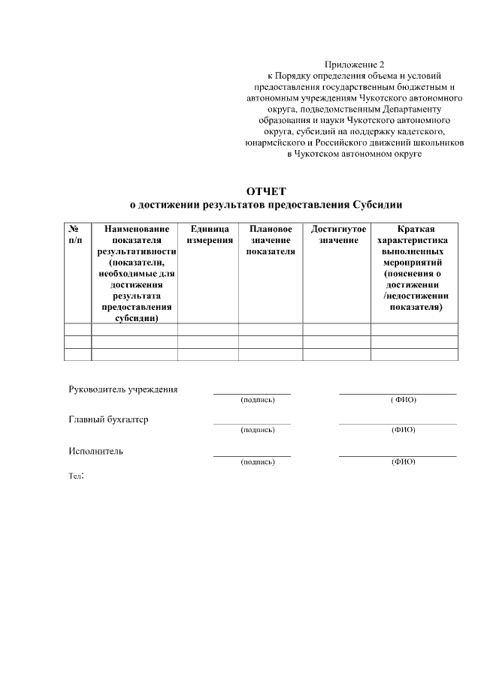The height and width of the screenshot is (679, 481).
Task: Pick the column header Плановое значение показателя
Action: tap(270, 239)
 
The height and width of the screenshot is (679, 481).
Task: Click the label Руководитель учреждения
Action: tap(123, 389)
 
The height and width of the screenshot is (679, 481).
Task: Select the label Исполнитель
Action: tap(95, 451)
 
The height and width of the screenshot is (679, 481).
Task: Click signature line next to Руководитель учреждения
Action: tap(252, 392)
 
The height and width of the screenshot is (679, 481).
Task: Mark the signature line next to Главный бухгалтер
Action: tap(252, 423)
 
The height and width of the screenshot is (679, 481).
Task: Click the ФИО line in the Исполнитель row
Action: tap(397, 455)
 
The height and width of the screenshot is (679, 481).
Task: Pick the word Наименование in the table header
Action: tap(137, 228)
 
